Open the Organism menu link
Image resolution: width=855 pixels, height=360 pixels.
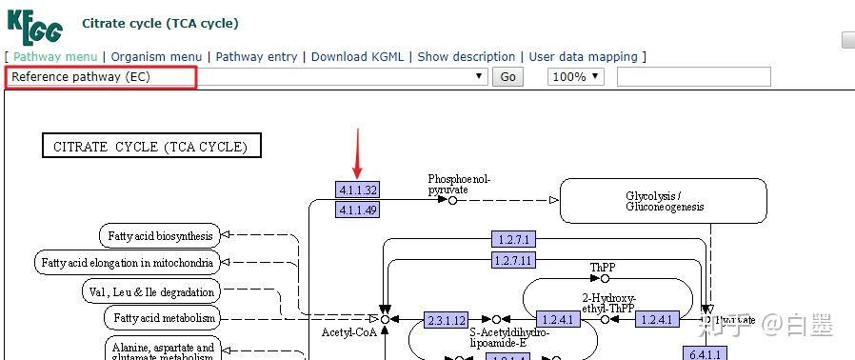156,57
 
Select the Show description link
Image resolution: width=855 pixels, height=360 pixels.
466,57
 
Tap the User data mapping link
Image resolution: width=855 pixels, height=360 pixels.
583,57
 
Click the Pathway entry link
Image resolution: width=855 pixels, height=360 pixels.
256,57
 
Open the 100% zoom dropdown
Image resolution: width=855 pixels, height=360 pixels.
575,77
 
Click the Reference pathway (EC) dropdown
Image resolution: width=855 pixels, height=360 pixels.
248,77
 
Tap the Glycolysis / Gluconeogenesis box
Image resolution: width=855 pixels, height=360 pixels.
664,201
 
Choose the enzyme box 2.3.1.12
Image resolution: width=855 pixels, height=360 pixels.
446,320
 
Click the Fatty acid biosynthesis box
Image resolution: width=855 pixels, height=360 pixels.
160,234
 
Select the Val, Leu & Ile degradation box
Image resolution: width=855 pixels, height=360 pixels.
161,290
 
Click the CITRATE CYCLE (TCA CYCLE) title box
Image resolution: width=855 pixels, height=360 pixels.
151,147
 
